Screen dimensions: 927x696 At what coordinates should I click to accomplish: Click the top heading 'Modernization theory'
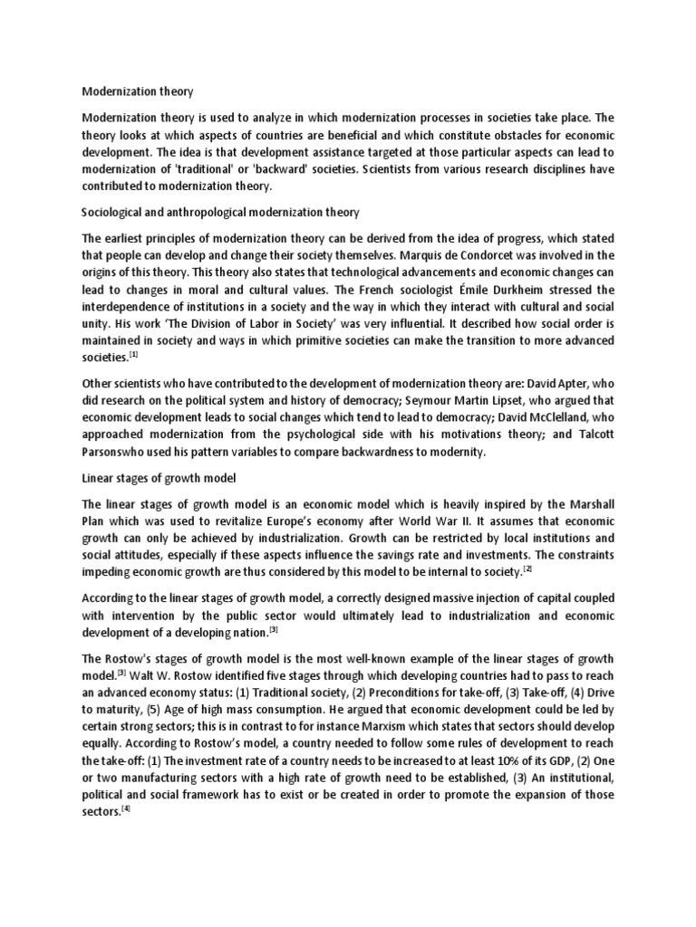[137, 91]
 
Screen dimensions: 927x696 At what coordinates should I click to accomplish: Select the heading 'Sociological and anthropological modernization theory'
[221, 213]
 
